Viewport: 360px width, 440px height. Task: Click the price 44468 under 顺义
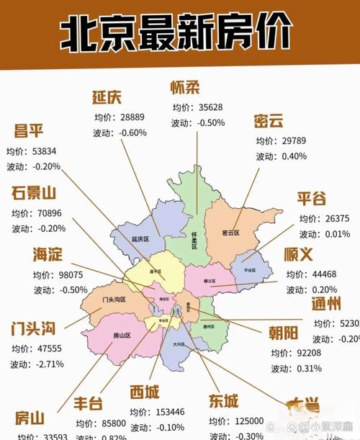coord(320,274)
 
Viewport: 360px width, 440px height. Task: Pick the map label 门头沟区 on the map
coord(114,300)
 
